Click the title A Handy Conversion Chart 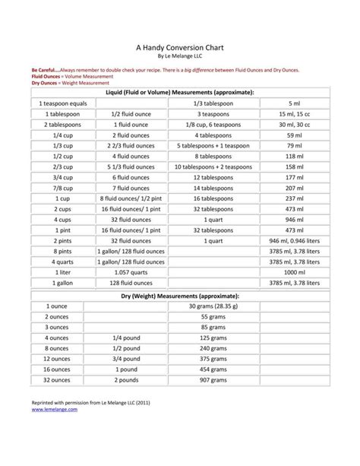click(179, 45)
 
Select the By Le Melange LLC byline click(179, 55)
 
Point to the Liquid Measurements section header click(180, 92)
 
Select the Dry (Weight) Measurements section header click(180, 295)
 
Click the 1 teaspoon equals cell click(57, 103)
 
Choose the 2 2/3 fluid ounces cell click(126, 145)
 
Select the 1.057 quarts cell click(126, 272)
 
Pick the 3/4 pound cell click(126, 358)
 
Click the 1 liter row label click(57, 272)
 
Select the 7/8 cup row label click(57, 188)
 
